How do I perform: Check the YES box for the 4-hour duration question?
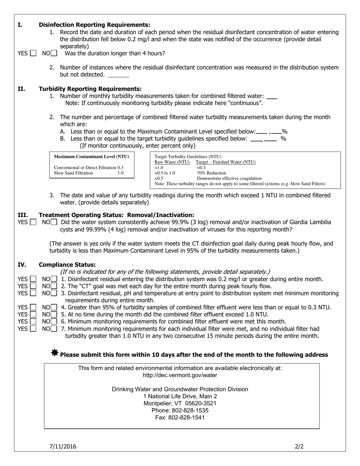click(x=33, y=53)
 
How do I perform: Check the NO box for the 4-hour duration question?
click(x=54, y=53)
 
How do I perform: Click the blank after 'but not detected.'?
click(x=118, y=75)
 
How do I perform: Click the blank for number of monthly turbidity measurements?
click(x=272, y=97)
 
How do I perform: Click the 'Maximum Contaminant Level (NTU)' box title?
click(x=91, y=156)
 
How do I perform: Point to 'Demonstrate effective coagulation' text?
click(x=229, y=178)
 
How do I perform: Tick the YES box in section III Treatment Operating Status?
click(x=33, y=222)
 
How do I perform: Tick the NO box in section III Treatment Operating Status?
click(x=54, y=222)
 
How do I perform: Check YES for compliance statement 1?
click(x=33, y=280)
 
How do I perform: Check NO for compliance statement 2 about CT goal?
click(x=54, y=286)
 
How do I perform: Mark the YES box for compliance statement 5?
click(x=33, y=314)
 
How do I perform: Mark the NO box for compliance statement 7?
click(x=54, y=329)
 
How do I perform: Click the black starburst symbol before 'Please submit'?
click(x=55, y=353)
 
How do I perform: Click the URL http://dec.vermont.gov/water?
click(x=180, y=375)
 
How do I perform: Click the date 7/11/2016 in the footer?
click(x=63, y=447)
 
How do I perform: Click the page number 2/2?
click(x=299, y=447)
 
